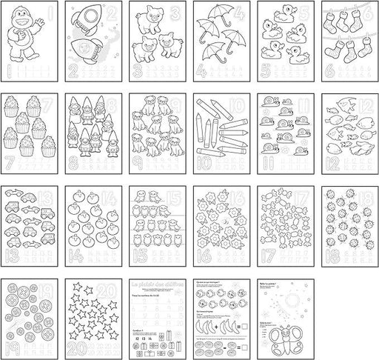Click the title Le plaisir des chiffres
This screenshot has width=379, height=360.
coord(154,284)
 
